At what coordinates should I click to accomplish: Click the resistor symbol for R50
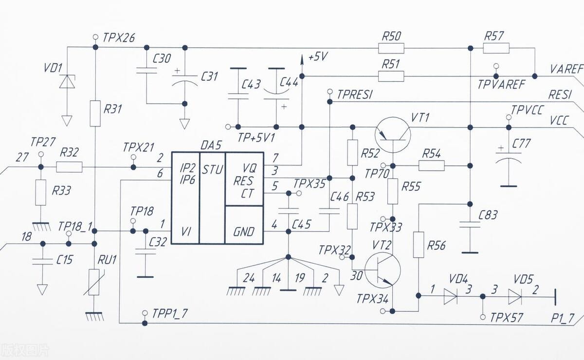click(391, 48)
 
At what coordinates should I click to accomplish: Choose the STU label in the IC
click(212, 170)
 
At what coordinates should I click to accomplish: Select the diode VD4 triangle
click(451, 296)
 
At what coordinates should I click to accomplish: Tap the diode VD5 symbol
click(515, 296)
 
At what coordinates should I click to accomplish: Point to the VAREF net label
click(566, 69)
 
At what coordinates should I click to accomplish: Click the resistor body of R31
click(95, 113)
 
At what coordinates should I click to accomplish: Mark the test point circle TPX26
click(95, 36)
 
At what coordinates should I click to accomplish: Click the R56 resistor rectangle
click(418, 245)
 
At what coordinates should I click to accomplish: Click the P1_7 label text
click(563, 318)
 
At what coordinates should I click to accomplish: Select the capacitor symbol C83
click(470, 224)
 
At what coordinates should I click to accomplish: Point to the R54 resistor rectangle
click(431, 166)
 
